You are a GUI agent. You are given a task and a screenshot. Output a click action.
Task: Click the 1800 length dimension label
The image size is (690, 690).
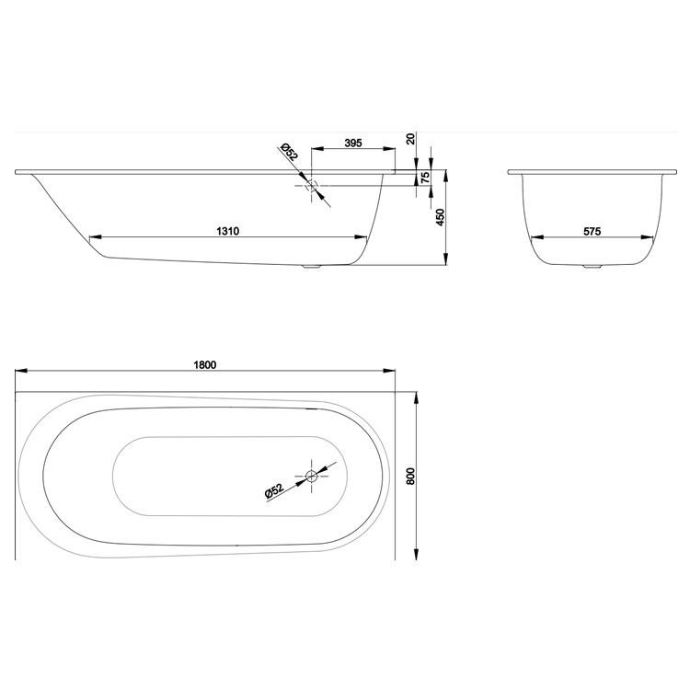coord(204,363)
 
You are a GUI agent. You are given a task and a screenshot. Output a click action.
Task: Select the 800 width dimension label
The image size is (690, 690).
coord(411,476)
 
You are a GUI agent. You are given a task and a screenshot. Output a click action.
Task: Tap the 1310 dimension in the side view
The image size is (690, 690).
coord(228,231)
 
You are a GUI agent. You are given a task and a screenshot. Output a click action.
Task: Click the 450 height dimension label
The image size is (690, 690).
coord(440,218)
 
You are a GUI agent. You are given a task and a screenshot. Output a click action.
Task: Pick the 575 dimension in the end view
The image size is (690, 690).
coord(592,231)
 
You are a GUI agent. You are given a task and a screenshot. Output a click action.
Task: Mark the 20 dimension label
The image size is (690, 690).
coord(410,140)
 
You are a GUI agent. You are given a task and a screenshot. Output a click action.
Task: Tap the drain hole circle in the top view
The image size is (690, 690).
coord(312,476)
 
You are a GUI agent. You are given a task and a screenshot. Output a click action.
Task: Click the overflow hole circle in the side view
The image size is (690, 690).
coord(312,185)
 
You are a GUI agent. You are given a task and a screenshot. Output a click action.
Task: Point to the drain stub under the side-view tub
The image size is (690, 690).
coord(313,268)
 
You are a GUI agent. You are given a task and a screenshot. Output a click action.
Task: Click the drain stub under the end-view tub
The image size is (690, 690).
coord(590,268)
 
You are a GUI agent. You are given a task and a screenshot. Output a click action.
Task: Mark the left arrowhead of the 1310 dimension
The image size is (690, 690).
coord(93,238)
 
